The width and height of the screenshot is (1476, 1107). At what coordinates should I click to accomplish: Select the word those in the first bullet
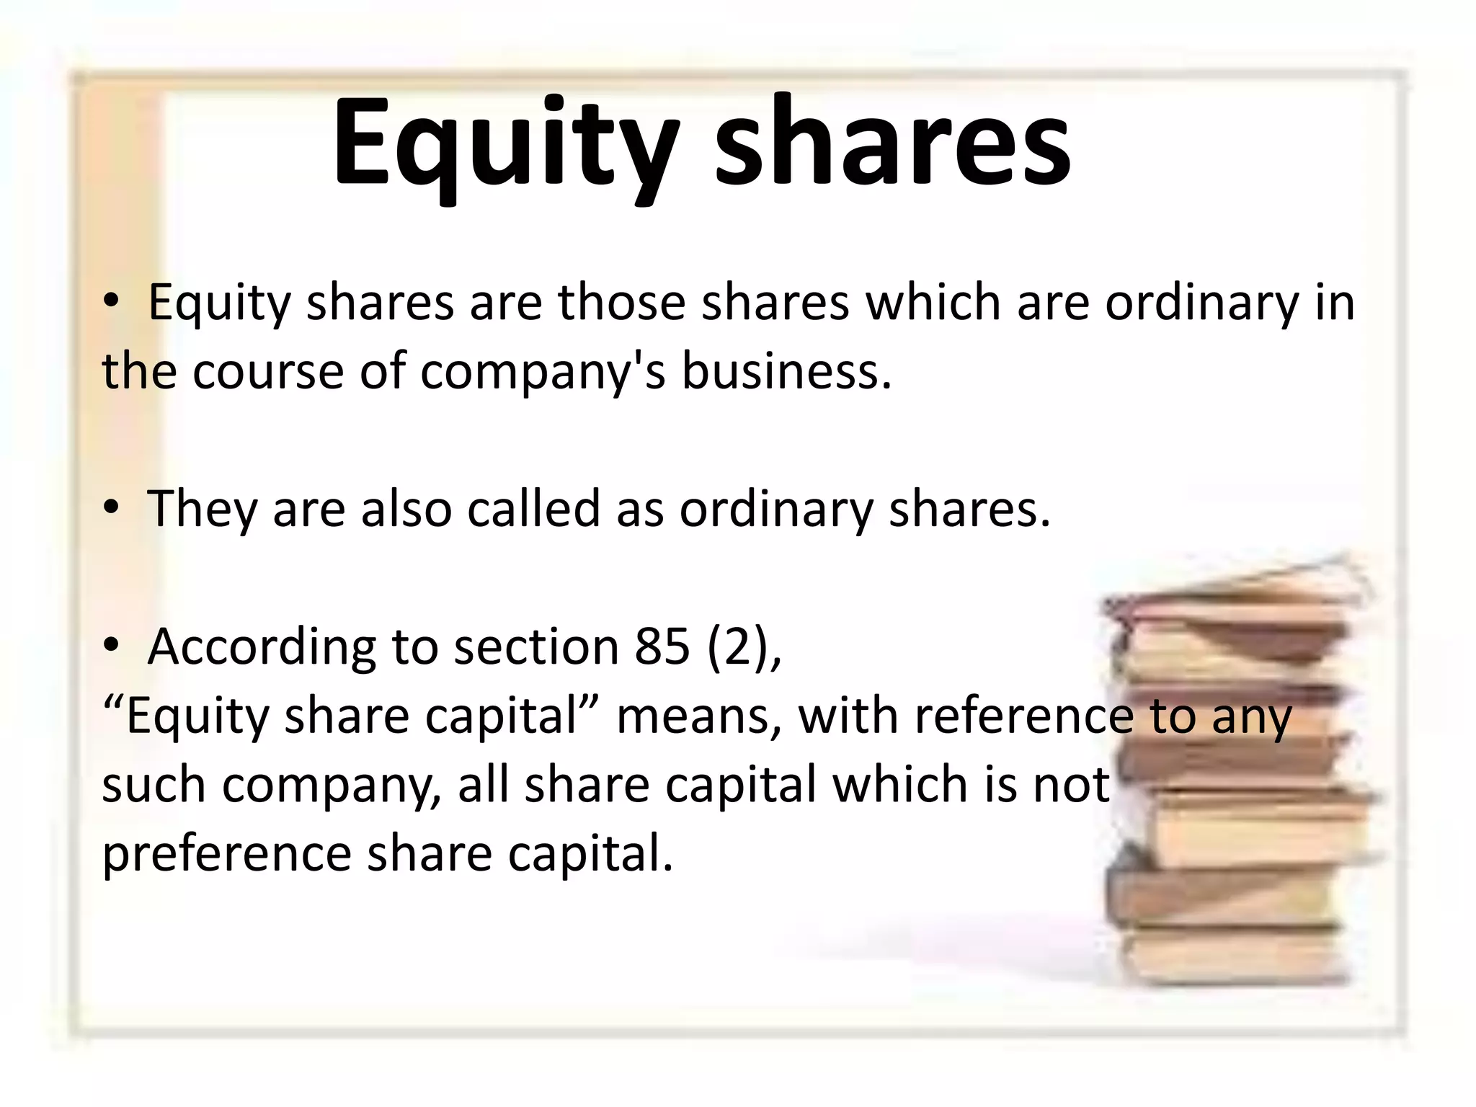point(621,303)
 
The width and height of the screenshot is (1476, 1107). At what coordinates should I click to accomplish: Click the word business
point(786,372)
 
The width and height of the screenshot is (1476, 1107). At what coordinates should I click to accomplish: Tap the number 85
point(662,646)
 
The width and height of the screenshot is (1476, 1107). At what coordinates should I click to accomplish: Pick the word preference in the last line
point(226,855)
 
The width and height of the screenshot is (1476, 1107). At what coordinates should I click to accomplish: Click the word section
point(536,646)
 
